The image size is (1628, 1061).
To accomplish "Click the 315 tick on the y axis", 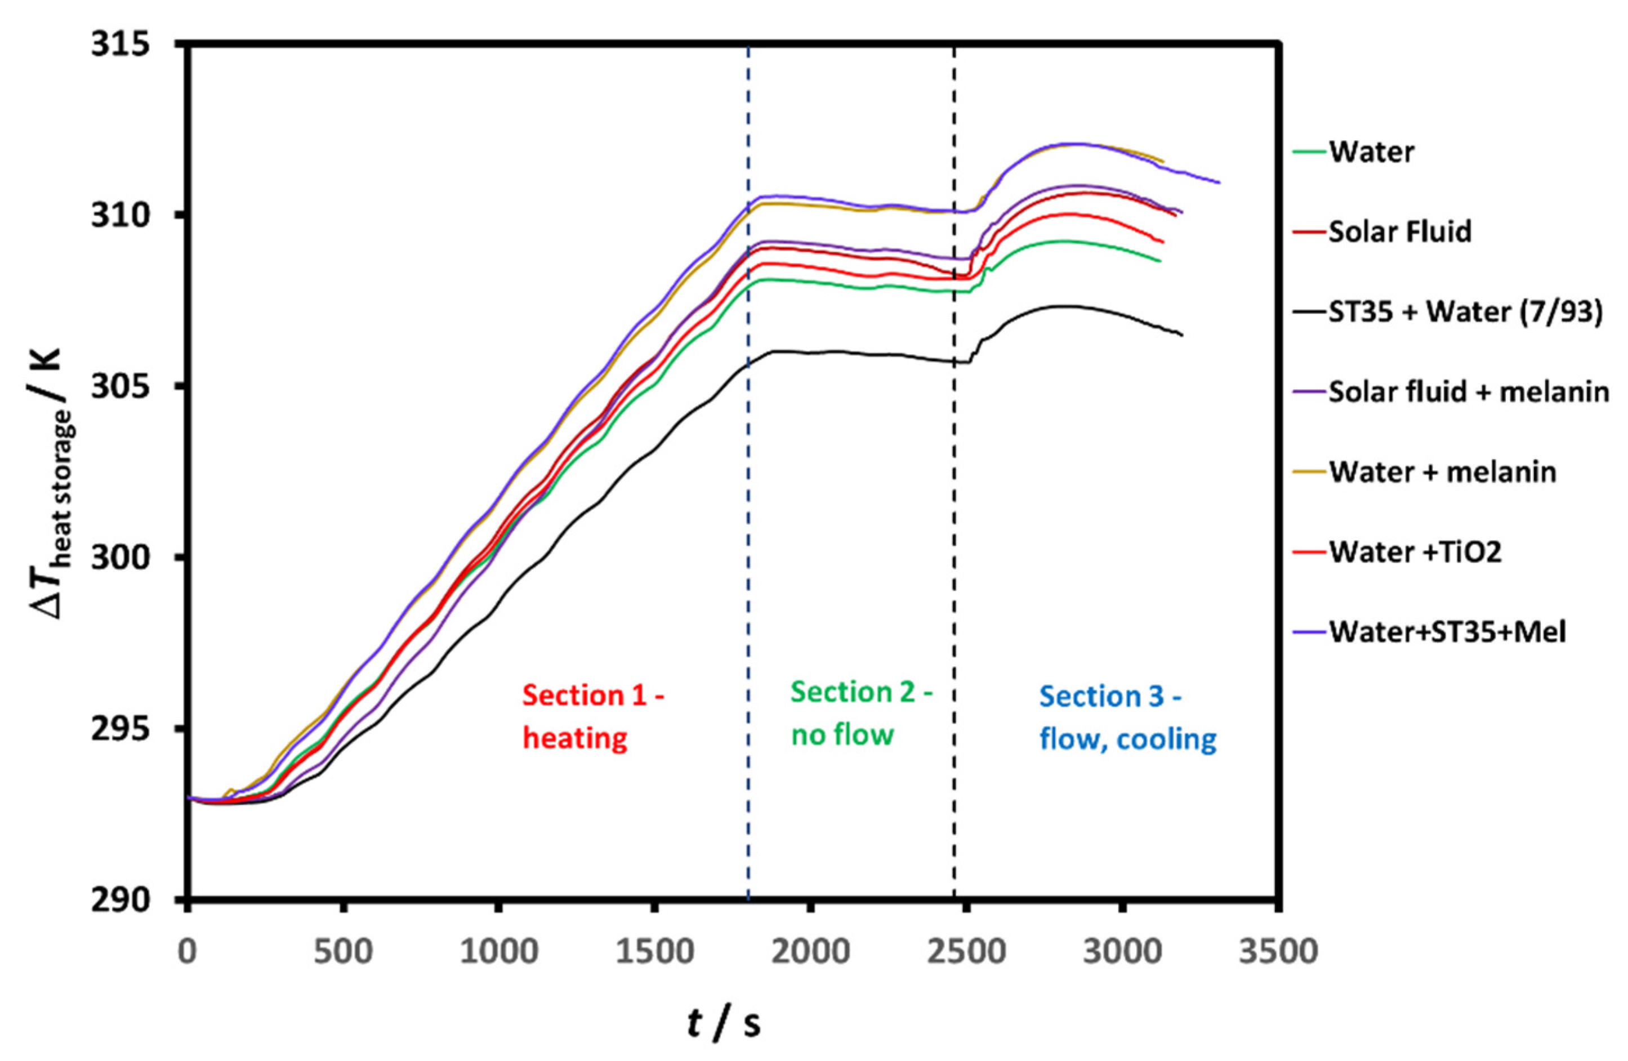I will [x=120, y=44].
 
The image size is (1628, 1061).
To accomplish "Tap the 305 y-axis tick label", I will [x=120, y=386].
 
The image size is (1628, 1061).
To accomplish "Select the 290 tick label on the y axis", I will [x=120, y=899].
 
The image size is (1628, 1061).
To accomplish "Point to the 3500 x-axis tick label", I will [x=1278, y=952].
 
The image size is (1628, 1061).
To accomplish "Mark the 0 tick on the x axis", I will [x=188, y=952].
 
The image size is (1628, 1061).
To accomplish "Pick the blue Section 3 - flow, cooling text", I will [x=1127, y=717].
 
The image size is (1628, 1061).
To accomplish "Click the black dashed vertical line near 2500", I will [x=955, y=616].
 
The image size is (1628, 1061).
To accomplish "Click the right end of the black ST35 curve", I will [x=1181, y=335].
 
